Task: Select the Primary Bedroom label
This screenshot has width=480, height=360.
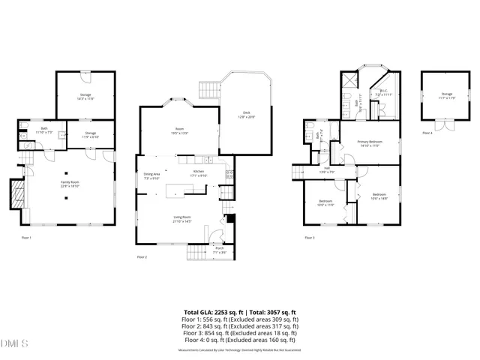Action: tap(368, 143)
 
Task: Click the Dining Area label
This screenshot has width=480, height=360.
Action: tap(152, 176)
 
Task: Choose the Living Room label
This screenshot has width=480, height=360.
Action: tap(182, 220)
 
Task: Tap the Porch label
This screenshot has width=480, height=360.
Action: tap(220, 250)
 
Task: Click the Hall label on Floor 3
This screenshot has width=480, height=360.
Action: tap(327, 169)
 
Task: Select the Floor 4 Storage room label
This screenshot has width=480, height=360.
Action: tap(436, 95)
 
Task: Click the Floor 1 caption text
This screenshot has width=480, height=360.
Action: tap(26, 238)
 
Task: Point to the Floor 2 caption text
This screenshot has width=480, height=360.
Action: tap(142, 256)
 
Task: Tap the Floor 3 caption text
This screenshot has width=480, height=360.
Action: tap(310, 238)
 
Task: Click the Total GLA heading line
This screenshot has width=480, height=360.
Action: tap(240, 312)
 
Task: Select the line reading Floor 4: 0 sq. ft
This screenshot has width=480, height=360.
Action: tap(240, 340)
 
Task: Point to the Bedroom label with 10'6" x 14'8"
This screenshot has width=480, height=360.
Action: tap(380, 197)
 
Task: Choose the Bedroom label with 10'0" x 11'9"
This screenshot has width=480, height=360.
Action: tap(325, 202)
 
